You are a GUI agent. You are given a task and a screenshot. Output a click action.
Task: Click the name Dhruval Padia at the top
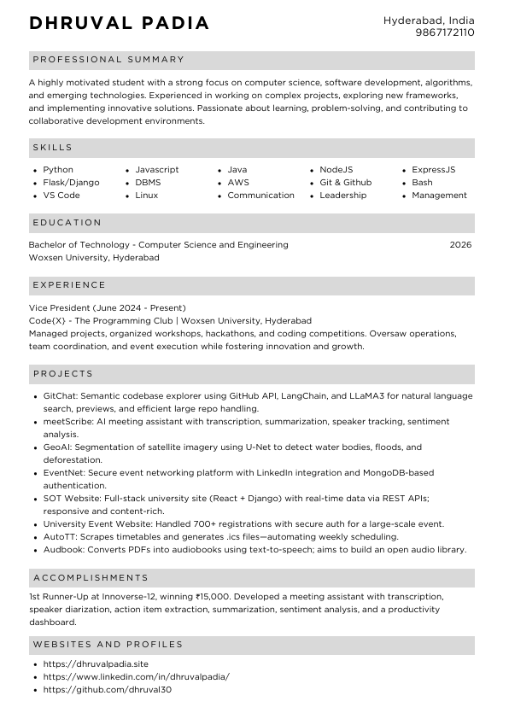coord(119,24)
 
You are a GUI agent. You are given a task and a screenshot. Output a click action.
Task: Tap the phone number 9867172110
coord(444,32)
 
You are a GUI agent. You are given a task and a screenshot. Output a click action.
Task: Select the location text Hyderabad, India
coord(429,20)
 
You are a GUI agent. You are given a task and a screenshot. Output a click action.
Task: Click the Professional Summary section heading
coord(108,60)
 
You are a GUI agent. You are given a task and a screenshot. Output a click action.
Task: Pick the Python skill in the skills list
coord(58,170)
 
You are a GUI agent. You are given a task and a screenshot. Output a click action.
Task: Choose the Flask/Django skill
coord(71,183)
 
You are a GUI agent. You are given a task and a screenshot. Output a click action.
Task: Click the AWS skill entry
coord(238,183)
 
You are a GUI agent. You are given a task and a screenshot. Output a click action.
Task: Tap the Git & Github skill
coord(345,183)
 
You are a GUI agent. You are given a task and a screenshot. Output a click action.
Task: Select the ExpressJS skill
coord(433,170)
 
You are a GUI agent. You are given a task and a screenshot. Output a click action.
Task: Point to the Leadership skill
coord(342,196)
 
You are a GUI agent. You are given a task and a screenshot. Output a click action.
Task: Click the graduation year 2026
coord(460,245)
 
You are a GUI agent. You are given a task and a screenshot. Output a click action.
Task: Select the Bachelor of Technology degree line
coord(158,245)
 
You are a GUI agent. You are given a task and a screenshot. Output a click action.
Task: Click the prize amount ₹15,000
coord(214,597)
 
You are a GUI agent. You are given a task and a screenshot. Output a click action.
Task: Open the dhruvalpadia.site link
coord(96,663)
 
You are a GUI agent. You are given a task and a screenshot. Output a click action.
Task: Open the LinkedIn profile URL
coord(136,676)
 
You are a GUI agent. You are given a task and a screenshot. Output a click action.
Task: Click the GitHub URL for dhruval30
coord(108,689)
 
